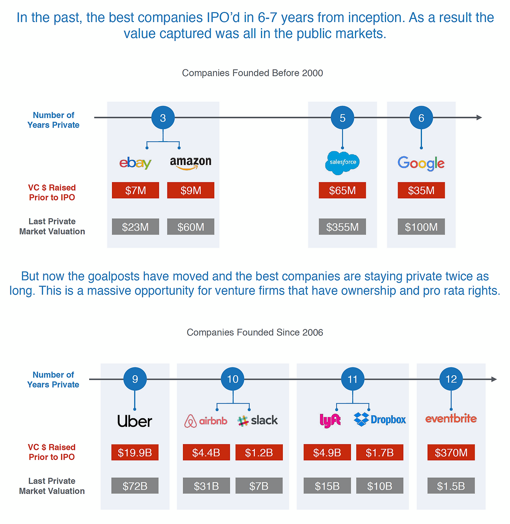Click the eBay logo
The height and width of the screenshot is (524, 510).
tap(135, 163)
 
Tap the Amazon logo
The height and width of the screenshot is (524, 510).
tap(190, 163)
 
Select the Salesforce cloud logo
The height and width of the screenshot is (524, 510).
tap(342, 162)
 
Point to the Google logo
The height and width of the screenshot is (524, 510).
tap(421, 163)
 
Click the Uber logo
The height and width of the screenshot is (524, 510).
tap(135, 421)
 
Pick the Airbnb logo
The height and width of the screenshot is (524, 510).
tap(206, 421)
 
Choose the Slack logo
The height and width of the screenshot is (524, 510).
tap(258, 420)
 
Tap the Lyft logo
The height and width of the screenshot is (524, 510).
tap(330, 420)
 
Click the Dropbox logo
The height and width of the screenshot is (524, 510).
tap(380, 420)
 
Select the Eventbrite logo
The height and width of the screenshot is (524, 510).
tap(451, 419)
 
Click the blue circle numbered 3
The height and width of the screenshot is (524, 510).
tap(163, 118)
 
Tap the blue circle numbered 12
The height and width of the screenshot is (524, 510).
tap(451, 379)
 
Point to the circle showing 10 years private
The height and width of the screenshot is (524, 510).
tap(233, 379)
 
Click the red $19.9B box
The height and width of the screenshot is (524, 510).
tap(135, 453)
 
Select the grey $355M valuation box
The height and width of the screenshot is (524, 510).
tap(342, 227)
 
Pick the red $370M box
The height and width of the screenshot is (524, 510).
tap(451, 453)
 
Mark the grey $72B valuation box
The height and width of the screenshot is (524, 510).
tap(135, 486)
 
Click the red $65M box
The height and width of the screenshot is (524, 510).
tap(342, 190)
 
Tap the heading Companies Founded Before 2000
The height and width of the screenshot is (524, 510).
tap(252, 73)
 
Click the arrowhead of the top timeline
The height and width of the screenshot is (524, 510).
tap(479, 118)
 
